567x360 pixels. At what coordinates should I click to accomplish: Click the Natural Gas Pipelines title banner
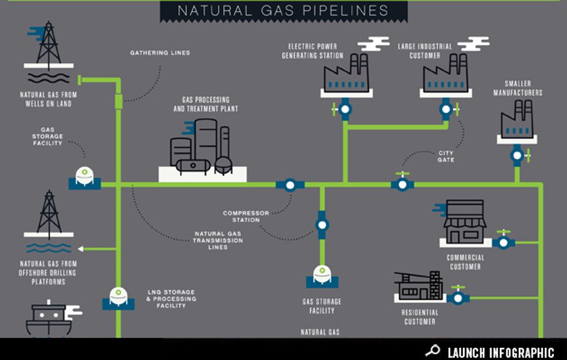tap(283, 10)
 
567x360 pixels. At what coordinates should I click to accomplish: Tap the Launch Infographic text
tap(500, 352)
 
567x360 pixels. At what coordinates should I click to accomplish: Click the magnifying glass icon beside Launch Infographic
tap(432, 351)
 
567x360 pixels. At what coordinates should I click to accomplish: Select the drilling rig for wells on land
tap(49, 46)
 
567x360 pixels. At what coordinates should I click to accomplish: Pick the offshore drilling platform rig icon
tap(49, 215)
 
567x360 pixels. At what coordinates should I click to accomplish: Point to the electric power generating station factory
tap(346, 74)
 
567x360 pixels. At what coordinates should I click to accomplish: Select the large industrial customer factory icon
tap(445, 74)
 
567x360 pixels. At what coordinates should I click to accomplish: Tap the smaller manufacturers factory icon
tap(517, 119)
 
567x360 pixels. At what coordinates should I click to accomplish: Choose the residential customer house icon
tap(419, 286)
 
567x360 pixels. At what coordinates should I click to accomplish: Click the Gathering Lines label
tap(160, 53)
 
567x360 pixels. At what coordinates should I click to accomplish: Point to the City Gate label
tap(446, 156)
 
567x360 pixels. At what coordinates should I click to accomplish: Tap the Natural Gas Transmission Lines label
tap(218, 240)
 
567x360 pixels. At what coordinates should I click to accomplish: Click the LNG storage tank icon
tap(119, 296)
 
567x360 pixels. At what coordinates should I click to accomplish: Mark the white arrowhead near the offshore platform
tap(82, 249)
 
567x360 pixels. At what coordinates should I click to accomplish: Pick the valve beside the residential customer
tap(458, 297)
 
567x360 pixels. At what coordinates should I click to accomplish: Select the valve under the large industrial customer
tap(446, 108)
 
